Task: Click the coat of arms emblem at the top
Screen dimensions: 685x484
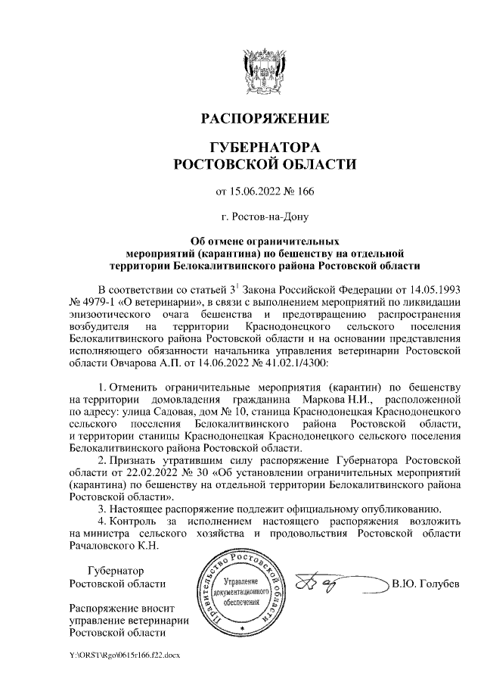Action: click(x=264, y=69)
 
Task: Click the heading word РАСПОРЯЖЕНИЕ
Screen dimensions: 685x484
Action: click(x=264, y=119)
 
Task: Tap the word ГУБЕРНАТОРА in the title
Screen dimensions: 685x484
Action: click(x=264, y=147)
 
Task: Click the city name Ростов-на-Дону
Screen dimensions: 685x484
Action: click(x=264, y=217)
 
